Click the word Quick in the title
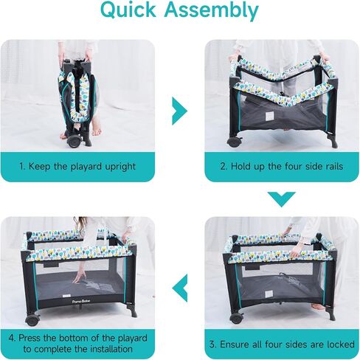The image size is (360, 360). (x=128, y=10)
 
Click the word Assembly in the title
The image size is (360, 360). (x=212, y=11)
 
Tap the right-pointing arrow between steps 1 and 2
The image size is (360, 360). (x=180, y=111)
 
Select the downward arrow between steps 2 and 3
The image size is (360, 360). (x=282, y=199)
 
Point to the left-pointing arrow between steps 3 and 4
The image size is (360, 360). (x=180, y=288)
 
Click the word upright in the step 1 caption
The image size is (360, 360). (x=120, y=167)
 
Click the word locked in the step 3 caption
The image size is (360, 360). (x=340, y=345)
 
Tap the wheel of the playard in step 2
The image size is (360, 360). (x=234, y=142)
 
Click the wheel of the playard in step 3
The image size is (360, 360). (x=237, y=318)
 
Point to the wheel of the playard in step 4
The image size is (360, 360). (x=32, y=319)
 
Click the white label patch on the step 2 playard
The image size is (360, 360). (x=269, y=117)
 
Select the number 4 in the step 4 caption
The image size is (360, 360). (x=11, y=338)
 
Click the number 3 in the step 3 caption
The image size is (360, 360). (x=212, y=345)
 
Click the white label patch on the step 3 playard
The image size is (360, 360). (x=269, y=294)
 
